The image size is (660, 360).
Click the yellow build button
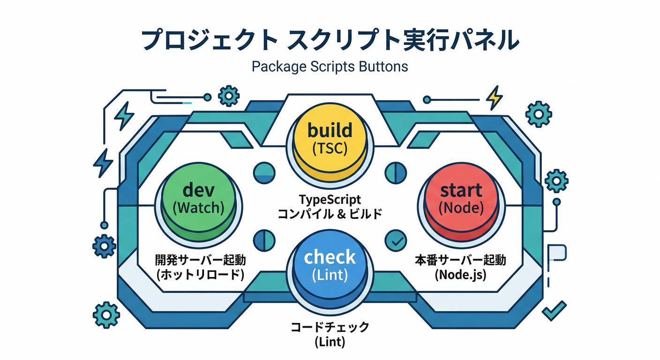click(329, 138)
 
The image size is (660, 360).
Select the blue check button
click(330, 265)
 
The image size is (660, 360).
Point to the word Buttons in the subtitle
click(383, 66)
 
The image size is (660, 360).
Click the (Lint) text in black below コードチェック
click(330, 342)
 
